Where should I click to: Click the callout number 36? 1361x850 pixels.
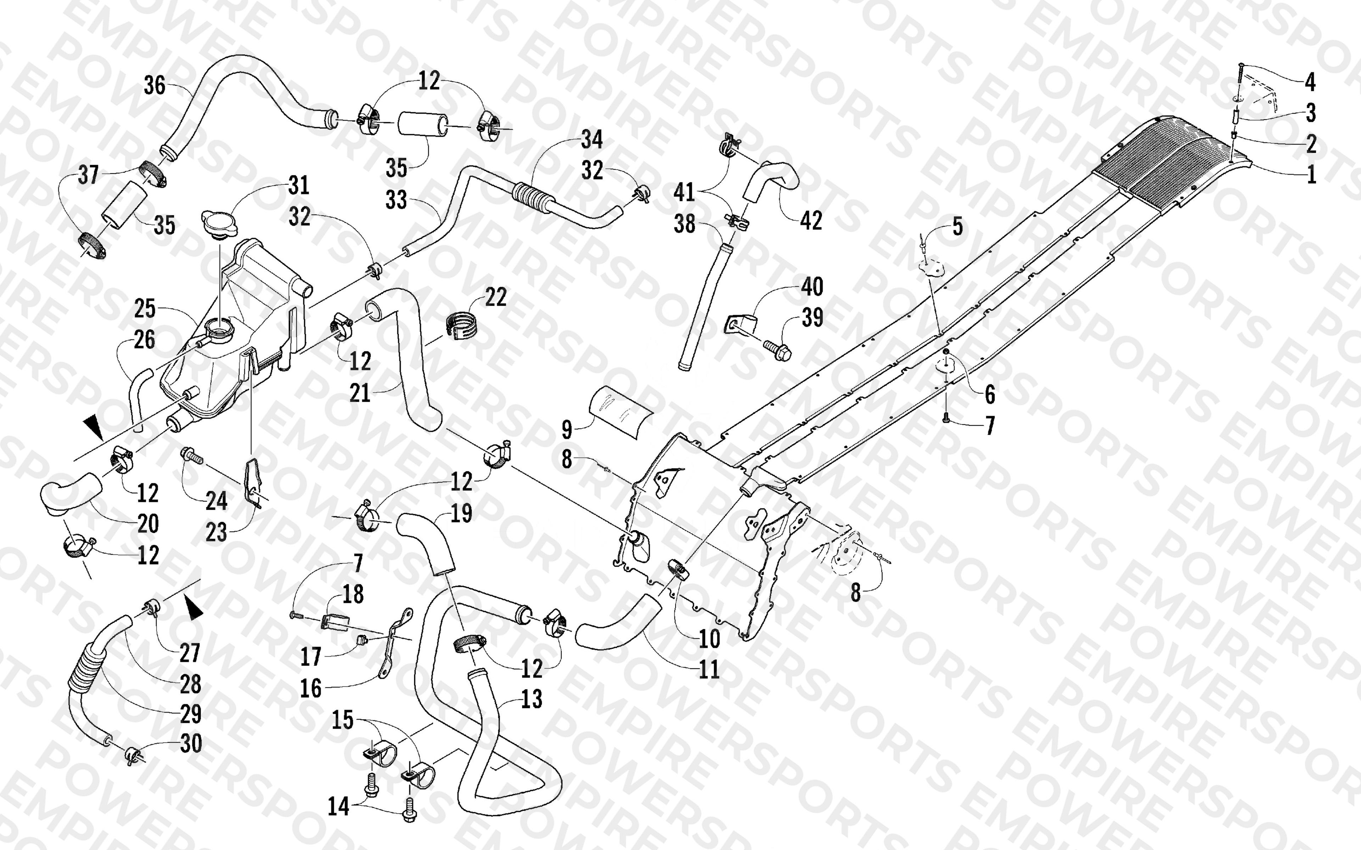point(155,85)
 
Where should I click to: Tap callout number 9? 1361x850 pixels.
point(567,430)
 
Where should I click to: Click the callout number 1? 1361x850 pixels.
point(1311,175)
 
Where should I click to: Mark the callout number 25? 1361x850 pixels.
point(145,308)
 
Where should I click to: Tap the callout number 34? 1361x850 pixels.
point(592,139)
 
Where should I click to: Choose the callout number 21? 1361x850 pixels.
point(360,393)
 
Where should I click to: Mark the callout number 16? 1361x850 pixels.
point(310,688)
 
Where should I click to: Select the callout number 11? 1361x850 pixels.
point(709,669)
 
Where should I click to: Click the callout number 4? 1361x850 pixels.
point(1310,82)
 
